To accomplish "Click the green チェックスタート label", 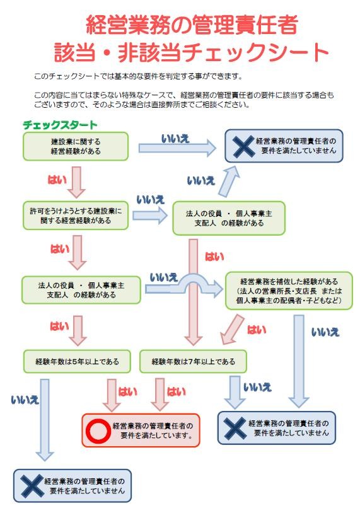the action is [x=60, y=125].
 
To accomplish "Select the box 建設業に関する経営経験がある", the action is [x=76, y=146].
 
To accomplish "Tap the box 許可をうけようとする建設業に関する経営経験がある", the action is [x=76, y=216].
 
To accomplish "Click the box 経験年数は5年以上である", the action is [x=77, y=362].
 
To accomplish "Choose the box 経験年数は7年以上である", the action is [x=193, y=362].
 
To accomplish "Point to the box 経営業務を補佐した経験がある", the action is [x=289, y=291].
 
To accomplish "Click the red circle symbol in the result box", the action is [x=98, y=430].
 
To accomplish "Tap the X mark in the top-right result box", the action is [x=243, y=146].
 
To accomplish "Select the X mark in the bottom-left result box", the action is [x=32, y=486].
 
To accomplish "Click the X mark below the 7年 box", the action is [x=235, y=428].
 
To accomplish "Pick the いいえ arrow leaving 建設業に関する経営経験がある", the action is [x=177, y=148].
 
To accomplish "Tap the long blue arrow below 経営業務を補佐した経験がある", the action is [x=299, y=361].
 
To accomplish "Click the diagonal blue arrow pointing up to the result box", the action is [x=229, y=182].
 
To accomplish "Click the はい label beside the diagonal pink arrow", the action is [x=256, y=330].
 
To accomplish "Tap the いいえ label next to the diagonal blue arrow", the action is [x=201, y=181].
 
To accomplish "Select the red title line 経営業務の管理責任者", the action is [x=192, y=25].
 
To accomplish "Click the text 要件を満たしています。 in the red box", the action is [x=156, y=435].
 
